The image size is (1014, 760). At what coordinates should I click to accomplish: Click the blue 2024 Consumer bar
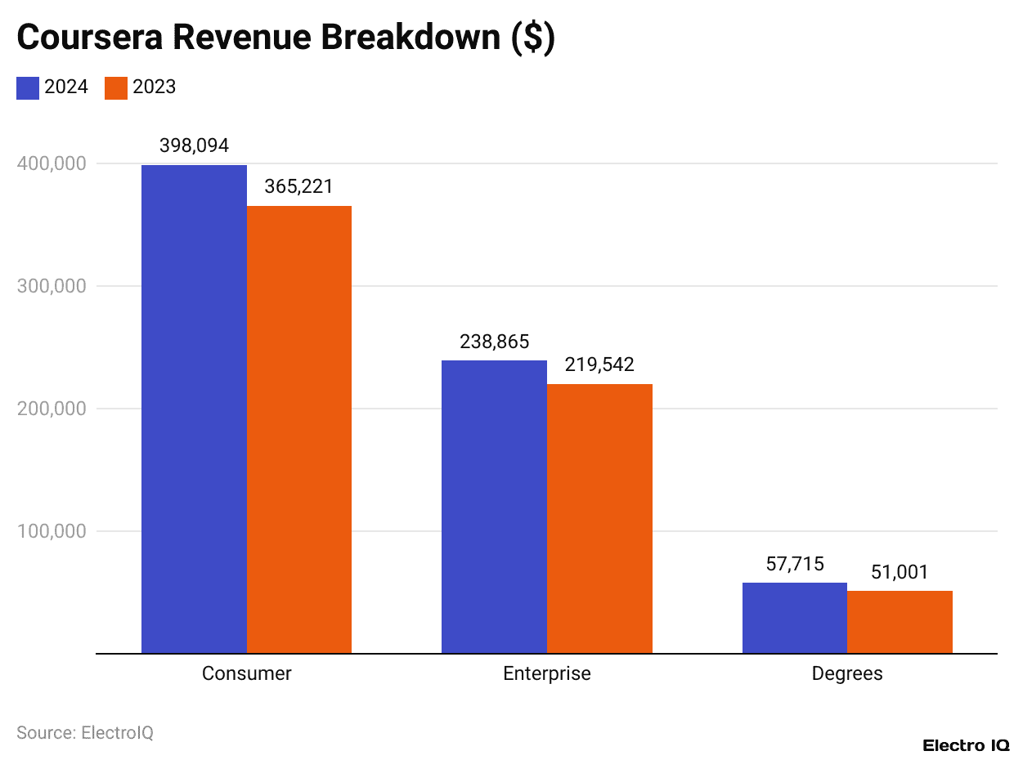(194, 409)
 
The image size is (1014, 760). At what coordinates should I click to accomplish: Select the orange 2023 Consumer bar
(299, 429)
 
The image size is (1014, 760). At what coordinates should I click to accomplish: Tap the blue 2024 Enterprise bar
(494, 507)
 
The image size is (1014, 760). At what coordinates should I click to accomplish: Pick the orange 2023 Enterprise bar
(599, 519)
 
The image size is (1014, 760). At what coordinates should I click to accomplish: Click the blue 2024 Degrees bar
(794, 618)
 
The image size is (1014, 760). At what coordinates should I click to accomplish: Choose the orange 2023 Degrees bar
(900, 622)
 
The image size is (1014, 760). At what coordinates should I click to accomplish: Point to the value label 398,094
(194, 145)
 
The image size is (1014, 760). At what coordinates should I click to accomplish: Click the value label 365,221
(299, 186)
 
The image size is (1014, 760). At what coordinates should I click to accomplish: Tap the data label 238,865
(494, 342)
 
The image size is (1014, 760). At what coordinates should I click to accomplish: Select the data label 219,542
(599, 364)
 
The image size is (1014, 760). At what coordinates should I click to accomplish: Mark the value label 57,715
(794, 564)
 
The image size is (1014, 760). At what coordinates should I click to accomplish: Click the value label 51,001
(900, 572)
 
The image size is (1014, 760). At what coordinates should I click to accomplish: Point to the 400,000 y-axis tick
(52, 163)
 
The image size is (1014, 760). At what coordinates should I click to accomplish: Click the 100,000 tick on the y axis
(52, 531)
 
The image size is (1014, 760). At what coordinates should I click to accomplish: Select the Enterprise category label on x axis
(546, 673)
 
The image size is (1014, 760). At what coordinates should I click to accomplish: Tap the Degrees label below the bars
(847, 673)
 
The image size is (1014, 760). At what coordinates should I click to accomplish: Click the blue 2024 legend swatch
(28, 87)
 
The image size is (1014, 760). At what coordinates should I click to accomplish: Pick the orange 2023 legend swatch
(116, 87)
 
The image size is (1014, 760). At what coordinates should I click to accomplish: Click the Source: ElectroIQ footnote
(85, 732)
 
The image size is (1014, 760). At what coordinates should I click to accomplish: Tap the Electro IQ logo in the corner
(966, 745)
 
